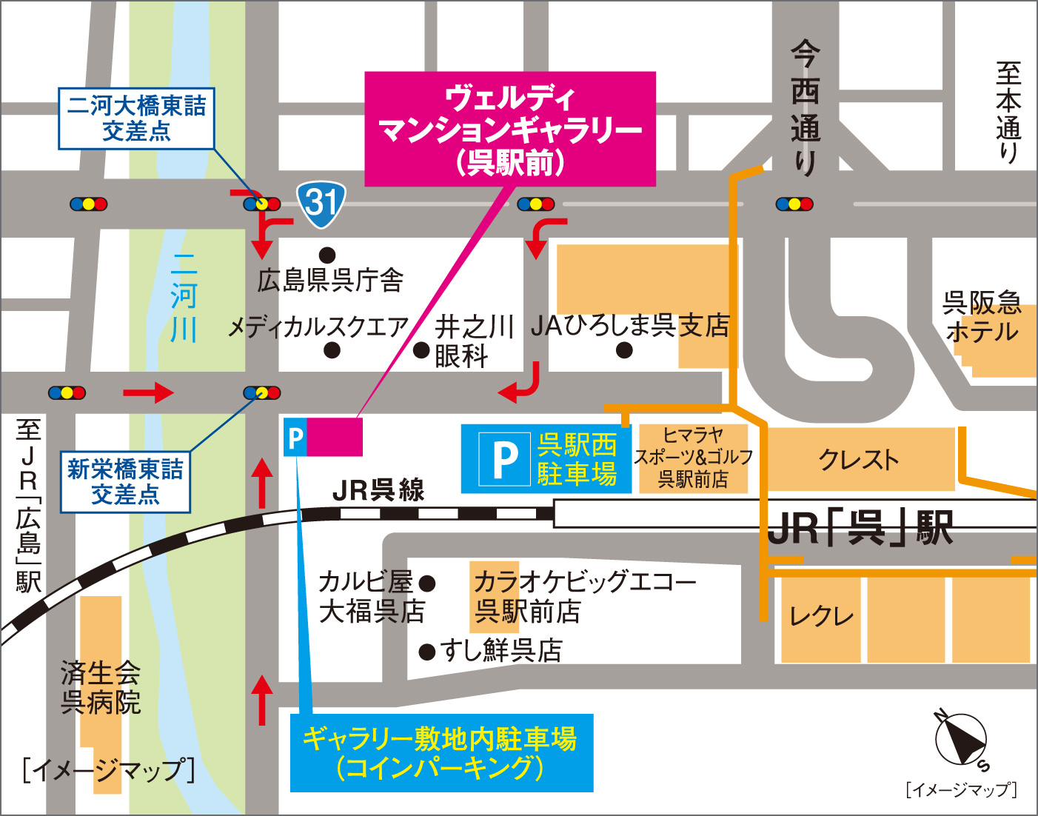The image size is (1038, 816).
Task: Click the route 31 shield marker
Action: click(x=321, y=203)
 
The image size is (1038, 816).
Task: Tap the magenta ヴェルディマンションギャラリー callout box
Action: click(x=510, y=129)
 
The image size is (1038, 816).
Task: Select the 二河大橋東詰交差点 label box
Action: click(x=136, y=118)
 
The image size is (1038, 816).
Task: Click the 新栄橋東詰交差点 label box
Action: click(x=125, y=482)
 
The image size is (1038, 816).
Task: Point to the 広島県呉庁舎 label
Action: click(x=330, y=280)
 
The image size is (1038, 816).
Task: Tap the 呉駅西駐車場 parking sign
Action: click(x=546, y=459)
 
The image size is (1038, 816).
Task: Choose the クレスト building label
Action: click(x=859, y=460)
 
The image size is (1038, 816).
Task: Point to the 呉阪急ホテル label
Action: click(x=982, y=317)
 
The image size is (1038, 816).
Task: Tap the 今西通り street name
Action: click(x=805, y=108)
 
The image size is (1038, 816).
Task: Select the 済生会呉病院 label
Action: click(x=101, y=688)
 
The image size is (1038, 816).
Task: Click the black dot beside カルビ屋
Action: click(x=427, y=583)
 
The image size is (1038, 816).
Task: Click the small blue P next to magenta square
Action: click(x=295, y=438)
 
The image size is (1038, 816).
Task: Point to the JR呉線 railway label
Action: click(x=378, y=490)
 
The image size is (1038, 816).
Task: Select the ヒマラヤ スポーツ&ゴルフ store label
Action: click(x=693, y=458)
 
